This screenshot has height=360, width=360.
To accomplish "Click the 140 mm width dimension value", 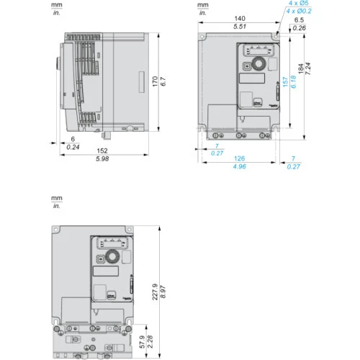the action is [x=240, y=19].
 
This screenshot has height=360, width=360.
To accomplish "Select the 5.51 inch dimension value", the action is [x=240, y=27].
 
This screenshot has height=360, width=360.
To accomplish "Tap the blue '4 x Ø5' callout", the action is [x=298, y=4].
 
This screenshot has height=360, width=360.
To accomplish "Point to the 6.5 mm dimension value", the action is [x=299, y=20].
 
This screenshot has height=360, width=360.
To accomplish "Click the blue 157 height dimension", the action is [x=285, y=82].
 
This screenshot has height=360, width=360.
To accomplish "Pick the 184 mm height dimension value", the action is [x=301, y=68].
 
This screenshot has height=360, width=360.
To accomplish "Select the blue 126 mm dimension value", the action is [x=240, y=158].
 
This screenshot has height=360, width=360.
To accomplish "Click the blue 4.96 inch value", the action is [x=240, y=166].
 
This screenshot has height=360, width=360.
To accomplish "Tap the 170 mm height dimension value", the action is [x=155, y=81].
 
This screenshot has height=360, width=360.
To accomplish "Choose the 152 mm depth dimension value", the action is [x=102, y=150].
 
